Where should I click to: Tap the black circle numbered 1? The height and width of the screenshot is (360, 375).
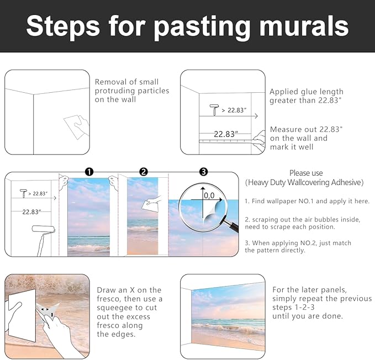(89, 172)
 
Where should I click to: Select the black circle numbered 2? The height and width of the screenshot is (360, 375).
(144, 172)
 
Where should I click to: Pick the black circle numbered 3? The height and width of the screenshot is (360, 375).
(203, 172)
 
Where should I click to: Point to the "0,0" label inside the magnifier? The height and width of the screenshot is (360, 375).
(209, 196)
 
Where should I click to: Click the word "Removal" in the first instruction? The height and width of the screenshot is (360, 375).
(110, 82)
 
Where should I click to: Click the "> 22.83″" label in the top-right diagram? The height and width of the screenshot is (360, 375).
(234, 110)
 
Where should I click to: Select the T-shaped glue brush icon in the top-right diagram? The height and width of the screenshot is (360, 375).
(214, 110)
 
